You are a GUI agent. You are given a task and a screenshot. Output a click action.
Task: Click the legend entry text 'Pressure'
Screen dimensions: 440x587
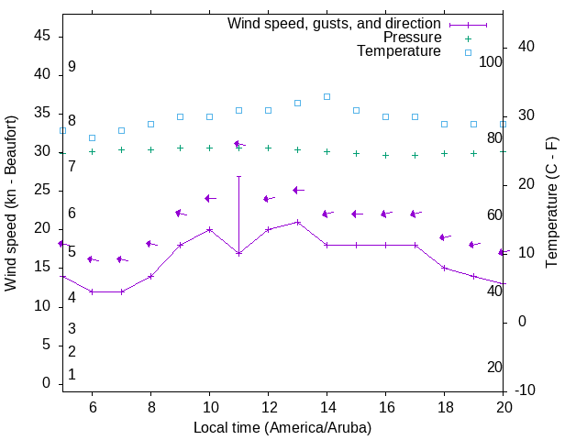(412, 38)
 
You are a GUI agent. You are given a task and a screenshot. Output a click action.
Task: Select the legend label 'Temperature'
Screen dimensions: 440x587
(399, 51)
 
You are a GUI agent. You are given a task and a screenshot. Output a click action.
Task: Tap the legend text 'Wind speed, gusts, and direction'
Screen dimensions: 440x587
(335, 24)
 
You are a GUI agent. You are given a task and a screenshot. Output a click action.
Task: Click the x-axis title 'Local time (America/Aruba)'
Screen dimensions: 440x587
(282, 427)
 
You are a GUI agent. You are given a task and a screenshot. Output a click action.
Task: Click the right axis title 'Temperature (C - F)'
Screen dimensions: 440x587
(551, 203)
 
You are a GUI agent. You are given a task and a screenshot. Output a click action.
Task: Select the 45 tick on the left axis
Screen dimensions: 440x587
(42, 35)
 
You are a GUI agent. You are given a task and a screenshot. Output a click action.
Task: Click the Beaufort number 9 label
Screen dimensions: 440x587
(72, 67)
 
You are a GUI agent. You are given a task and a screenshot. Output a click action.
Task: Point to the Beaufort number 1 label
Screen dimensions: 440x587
(72, 374)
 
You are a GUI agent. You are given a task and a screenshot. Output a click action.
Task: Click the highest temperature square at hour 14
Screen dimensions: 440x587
(327, 96)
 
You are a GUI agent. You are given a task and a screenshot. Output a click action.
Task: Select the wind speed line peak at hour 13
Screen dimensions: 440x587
(297, 222)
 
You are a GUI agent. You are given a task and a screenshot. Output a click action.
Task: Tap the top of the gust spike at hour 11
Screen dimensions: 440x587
(238, 176)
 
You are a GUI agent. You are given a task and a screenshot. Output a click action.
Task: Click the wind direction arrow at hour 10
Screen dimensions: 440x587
(209, 198)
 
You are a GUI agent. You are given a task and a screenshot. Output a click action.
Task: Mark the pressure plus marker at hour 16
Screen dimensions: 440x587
(385, 155)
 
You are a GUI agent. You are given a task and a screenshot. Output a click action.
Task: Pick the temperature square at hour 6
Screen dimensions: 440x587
(92, 137)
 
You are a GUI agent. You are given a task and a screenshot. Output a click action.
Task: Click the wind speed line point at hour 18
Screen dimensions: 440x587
(444, 268)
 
